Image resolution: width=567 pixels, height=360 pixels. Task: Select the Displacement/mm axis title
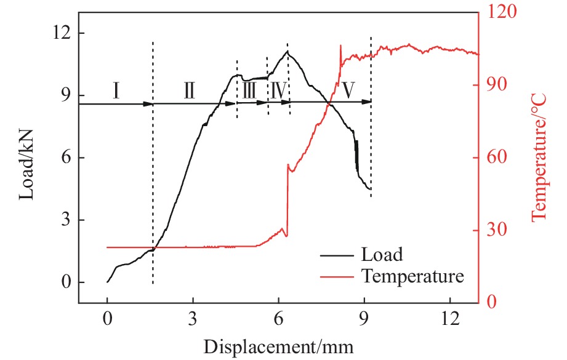(x=279, y=346)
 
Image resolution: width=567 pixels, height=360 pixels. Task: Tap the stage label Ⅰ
(x=116, y=91)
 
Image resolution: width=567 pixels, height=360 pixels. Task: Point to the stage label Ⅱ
(x=189, y=91)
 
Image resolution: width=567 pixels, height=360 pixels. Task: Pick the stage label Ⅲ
(x=249, y=91)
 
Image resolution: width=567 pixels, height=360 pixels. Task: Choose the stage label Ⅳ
(x=278, y=91)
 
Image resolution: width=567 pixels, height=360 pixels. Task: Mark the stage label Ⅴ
(x=348, y=91)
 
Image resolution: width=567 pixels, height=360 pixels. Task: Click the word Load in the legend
(x=382, y=254)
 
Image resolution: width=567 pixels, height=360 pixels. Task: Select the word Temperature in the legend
(x=412, y=276)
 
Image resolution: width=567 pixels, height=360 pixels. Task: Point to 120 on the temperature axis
(x=501, y=11)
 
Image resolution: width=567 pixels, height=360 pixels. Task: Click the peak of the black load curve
(x=288, y=52)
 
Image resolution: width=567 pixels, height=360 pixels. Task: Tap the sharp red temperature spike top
(x=340, y=45)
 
